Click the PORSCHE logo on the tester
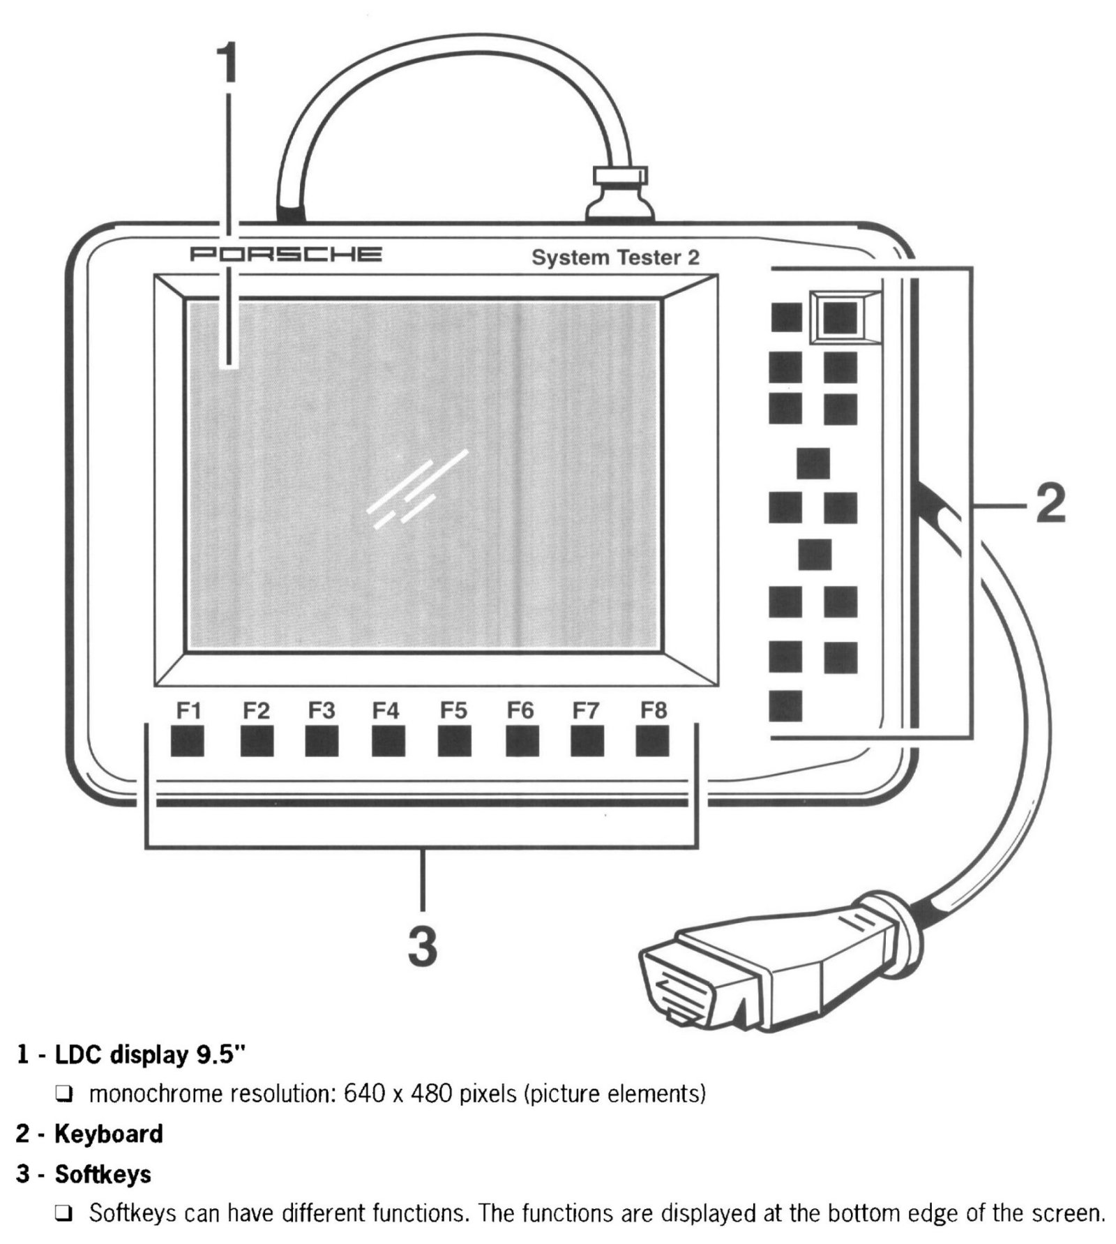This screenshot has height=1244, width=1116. tap(286, 254)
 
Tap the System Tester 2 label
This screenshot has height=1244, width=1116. tap(614, 257)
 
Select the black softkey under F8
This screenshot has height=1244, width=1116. tap(652, 741)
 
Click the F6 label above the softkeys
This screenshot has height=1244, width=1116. tap(520, 710)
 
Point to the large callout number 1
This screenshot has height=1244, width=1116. tap(227, 63)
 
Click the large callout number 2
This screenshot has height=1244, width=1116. tap(1050, 503)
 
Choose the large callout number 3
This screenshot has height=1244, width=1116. tap(423, 945)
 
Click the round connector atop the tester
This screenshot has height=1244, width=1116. tap(619, 196)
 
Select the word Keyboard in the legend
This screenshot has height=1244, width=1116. tap(109, 1134)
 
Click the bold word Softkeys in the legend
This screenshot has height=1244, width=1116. tap(103, 1174)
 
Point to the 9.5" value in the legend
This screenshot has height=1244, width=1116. tap(222, 1054)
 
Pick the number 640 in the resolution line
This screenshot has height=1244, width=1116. tap(363, 1093)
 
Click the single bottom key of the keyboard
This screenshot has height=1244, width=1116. tap(785, 706)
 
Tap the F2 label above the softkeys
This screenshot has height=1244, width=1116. tap(256, 710)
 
